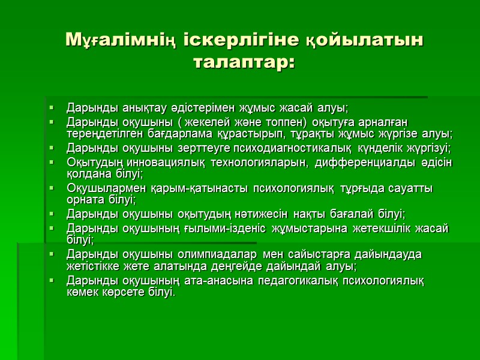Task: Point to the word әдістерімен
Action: (185, 109)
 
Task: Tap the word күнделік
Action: (377, 148)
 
